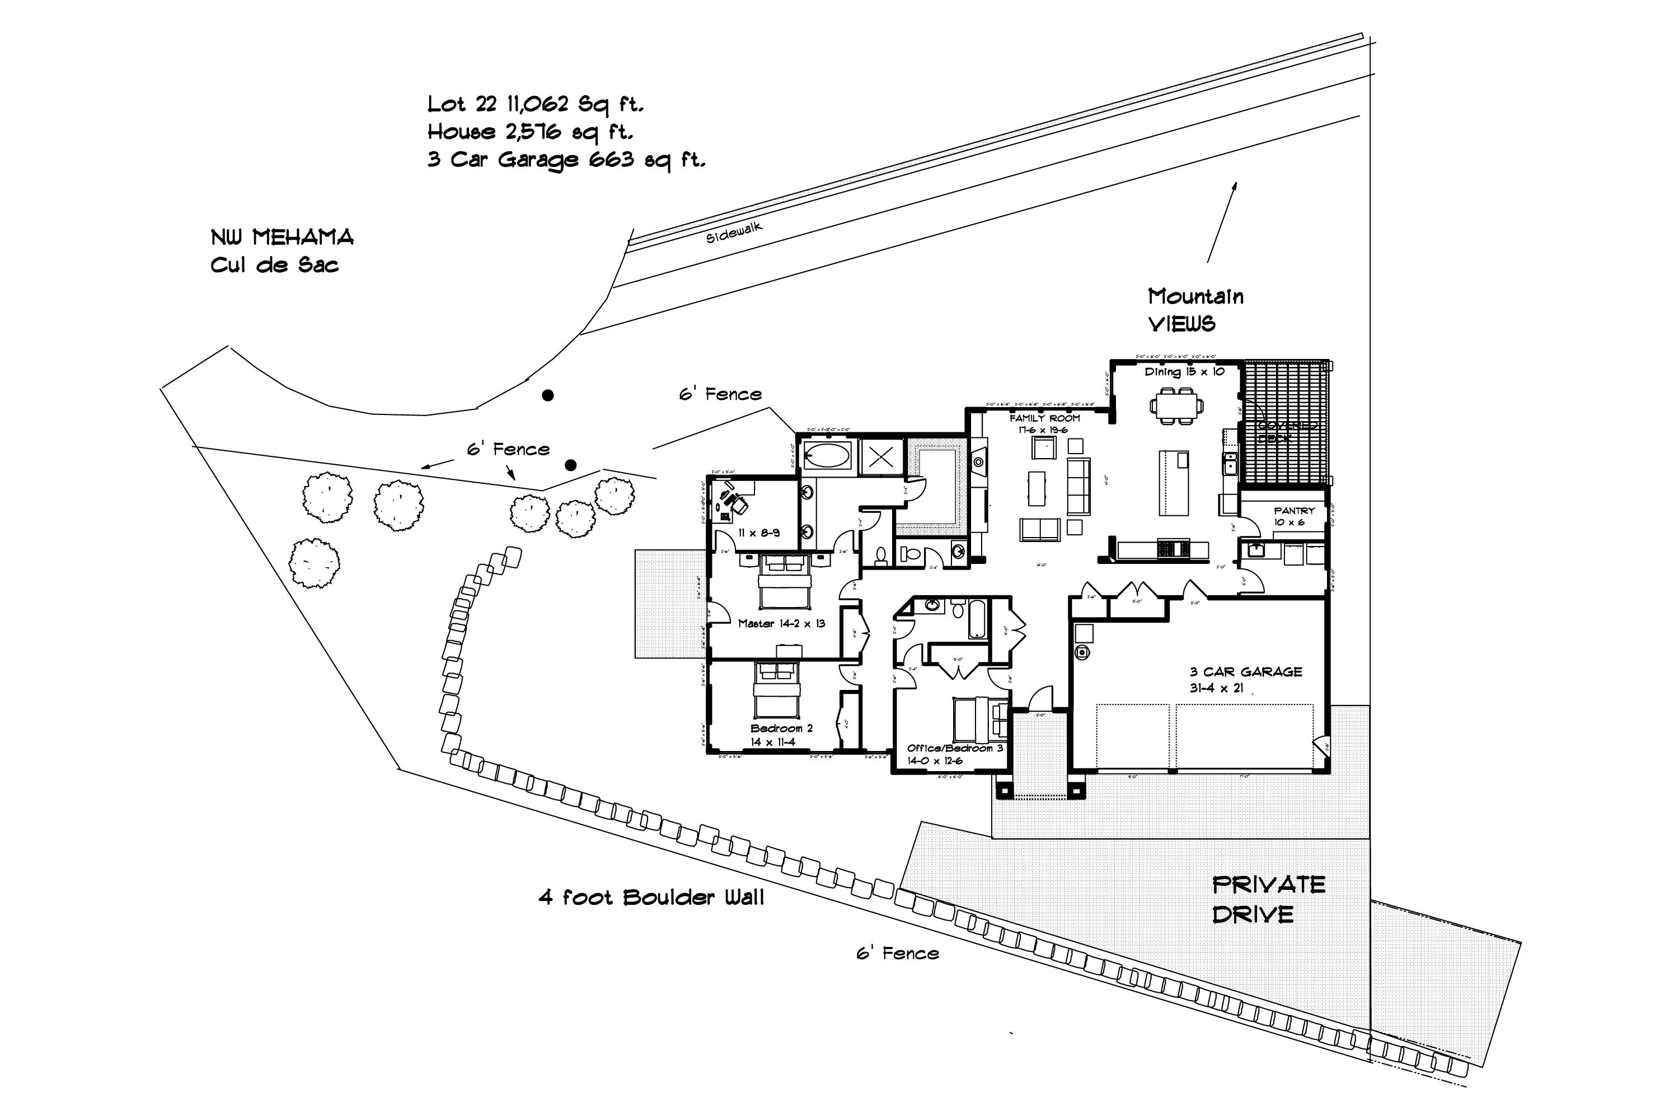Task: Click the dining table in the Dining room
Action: click(1176, 405)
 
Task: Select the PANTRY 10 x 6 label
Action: click(1293, 516)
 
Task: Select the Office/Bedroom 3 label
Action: click(954, 754)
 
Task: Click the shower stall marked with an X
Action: click(881, 457)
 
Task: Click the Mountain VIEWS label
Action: click(1194, 310)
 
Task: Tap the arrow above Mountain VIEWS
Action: click(1222, 221)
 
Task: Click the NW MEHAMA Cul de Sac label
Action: click(282, 251)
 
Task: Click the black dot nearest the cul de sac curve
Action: click(547, 395)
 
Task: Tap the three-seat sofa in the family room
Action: click(1077, 486)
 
